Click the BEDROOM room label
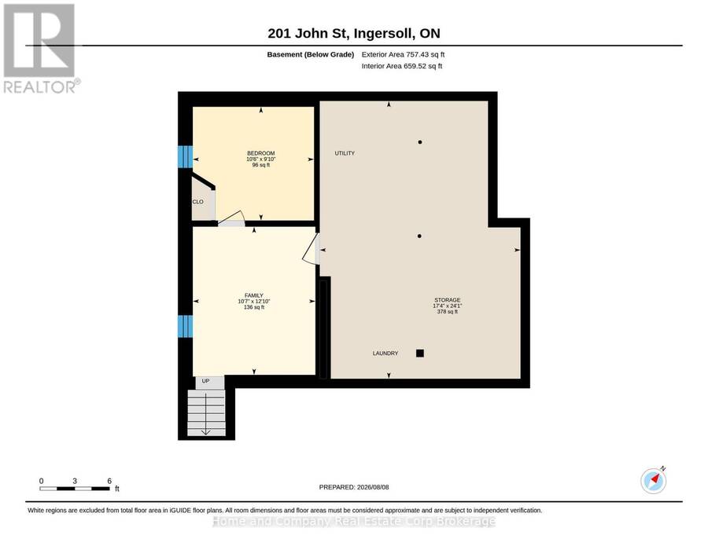[261, 153]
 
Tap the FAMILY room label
[254, 295]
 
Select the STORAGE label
[448, 300]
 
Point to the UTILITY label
[345, 153]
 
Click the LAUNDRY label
[385, 354]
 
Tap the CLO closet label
[197, 202]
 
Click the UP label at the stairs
[205, 381]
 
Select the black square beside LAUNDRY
[420, 354]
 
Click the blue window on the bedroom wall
[185, 156]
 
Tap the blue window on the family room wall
[185, 326]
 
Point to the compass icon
[654, 481]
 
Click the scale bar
[75, 489]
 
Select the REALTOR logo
[42, 49]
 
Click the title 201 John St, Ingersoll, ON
[354, 33]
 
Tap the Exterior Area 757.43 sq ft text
[403, 54]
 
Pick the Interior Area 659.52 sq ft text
[402, 66]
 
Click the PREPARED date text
[354, 487]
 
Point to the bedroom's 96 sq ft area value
[261, 165]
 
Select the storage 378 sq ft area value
[448, 312]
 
